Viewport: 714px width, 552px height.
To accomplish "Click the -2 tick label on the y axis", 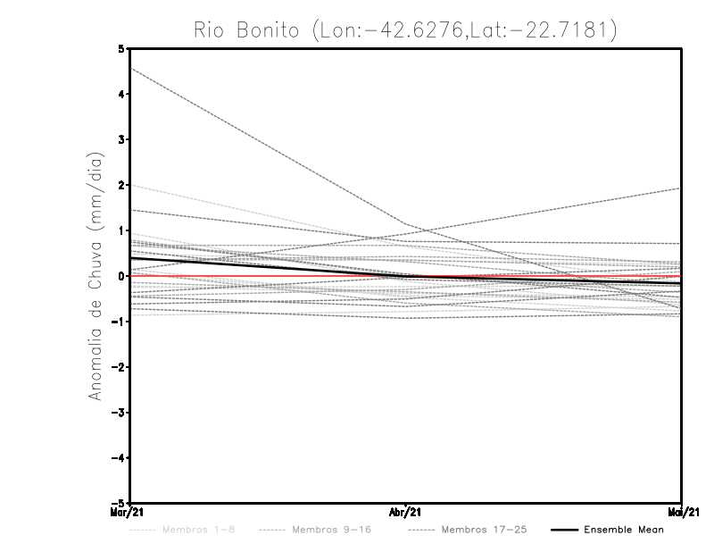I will (x=120, y=367).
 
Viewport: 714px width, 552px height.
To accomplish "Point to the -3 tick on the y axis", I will (x=120, y=413).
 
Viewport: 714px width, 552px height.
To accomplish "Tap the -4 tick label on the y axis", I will (x=120, y=458).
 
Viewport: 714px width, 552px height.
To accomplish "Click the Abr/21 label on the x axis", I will (x=406, y=512).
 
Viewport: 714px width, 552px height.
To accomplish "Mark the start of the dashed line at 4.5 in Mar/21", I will (x=131, y=68).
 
